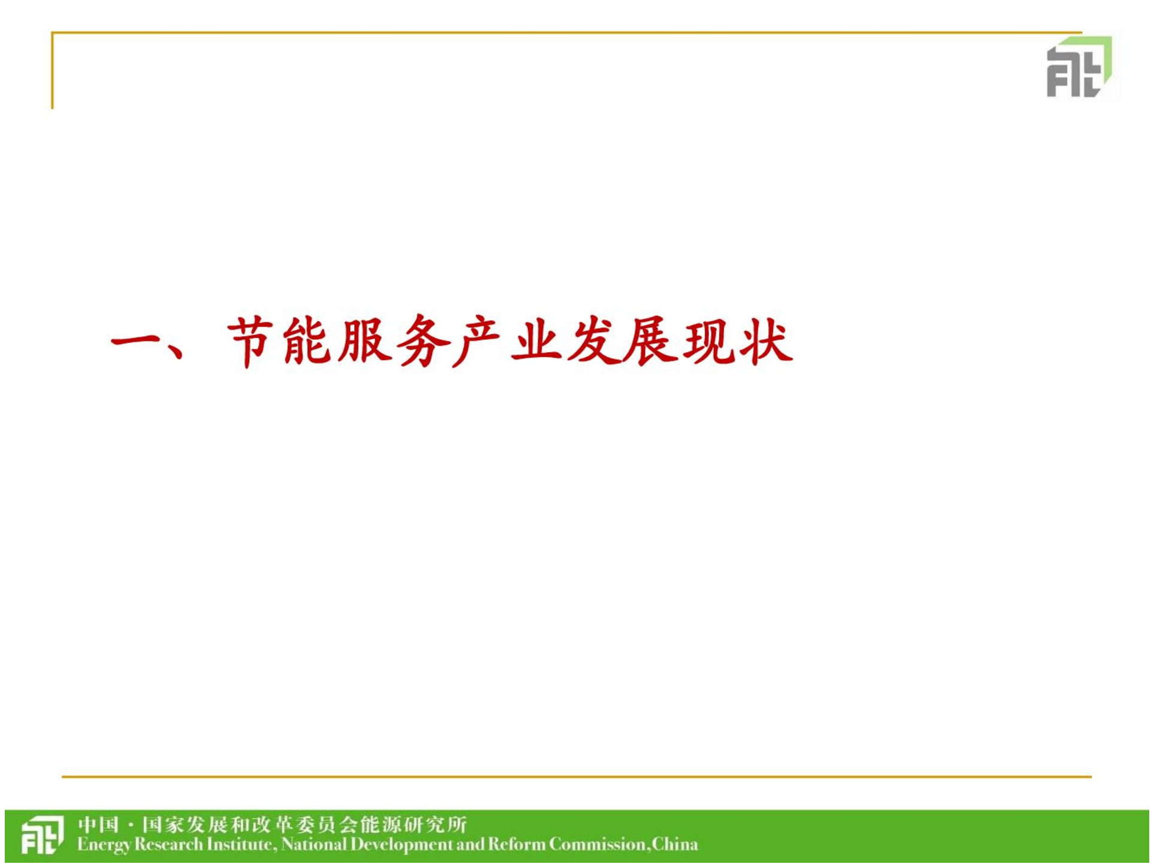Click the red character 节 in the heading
251,342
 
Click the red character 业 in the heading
537,342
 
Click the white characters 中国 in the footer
99,826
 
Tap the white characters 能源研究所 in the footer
413,826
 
